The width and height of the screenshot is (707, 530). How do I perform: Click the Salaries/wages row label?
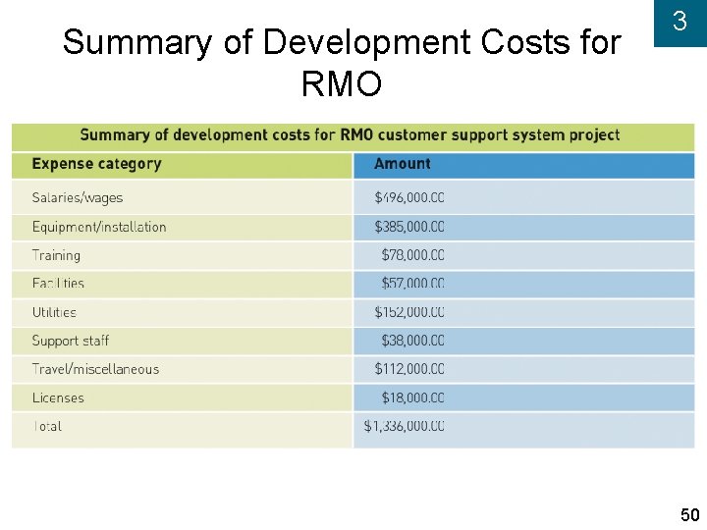[x=78, y=197]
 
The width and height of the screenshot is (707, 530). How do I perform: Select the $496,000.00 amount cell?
[x=409, y=197]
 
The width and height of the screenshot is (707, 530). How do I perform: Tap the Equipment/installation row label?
[x=99, y=227]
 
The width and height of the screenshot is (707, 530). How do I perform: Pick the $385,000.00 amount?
[x=409, y=227]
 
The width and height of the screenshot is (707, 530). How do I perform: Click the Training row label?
[x=56, y=255]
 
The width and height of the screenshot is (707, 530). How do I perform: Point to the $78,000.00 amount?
[x=412, y=255]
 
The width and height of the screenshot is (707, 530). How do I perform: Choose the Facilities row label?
[x=58, y=284]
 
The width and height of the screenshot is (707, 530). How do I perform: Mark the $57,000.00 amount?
[x=412, y=284]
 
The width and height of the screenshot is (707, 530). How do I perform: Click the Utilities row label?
[x=54, y=312]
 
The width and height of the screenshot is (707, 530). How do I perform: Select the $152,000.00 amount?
[x=409, y=312]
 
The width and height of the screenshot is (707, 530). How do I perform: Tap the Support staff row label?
[x=71, y=341]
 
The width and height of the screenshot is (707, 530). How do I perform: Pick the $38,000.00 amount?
[x=412, y=341]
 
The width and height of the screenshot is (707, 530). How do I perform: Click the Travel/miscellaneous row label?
[x=95, y=369]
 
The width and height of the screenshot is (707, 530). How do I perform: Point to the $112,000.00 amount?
[x=409, y=369]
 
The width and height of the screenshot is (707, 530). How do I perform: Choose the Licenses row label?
[x=58, y=397]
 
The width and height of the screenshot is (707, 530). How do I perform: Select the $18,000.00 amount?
[x=412, y=397]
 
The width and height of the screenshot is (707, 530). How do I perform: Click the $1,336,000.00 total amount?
[x=404, y=426]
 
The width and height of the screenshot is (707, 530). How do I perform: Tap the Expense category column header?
[x=96, y=164]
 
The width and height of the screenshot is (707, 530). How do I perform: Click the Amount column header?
[x=403, y=164]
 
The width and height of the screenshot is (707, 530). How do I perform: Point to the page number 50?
[x=689, y=515]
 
